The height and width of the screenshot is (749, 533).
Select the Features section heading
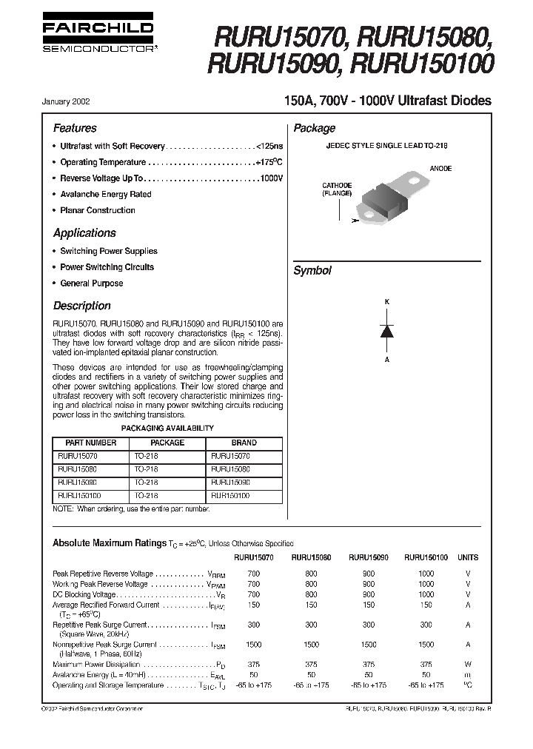pos(75,128)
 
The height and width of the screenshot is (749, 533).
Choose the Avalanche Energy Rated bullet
pos(105,195)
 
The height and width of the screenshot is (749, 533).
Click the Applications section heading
pos(84,232)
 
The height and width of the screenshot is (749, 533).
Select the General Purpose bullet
pos(92,283)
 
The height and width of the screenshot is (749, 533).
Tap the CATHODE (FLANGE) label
pos(336,189)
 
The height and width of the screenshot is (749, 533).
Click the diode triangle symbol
pos(386,331)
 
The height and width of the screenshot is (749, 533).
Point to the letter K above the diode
pos(386,303)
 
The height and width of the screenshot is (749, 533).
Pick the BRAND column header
pos(244,443)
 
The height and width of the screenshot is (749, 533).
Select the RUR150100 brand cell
pos(230,497)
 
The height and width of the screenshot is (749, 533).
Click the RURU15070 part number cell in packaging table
pos(77,457)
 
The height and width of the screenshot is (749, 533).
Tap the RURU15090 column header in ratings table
pos(369,558)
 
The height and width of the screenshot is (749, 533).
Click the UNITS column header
pos(468,558)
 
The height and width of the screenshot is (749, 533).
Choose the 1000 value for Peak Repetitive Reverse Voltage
pos(426,574)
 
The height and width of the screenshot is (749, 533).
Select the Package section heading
pos(315,128)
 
